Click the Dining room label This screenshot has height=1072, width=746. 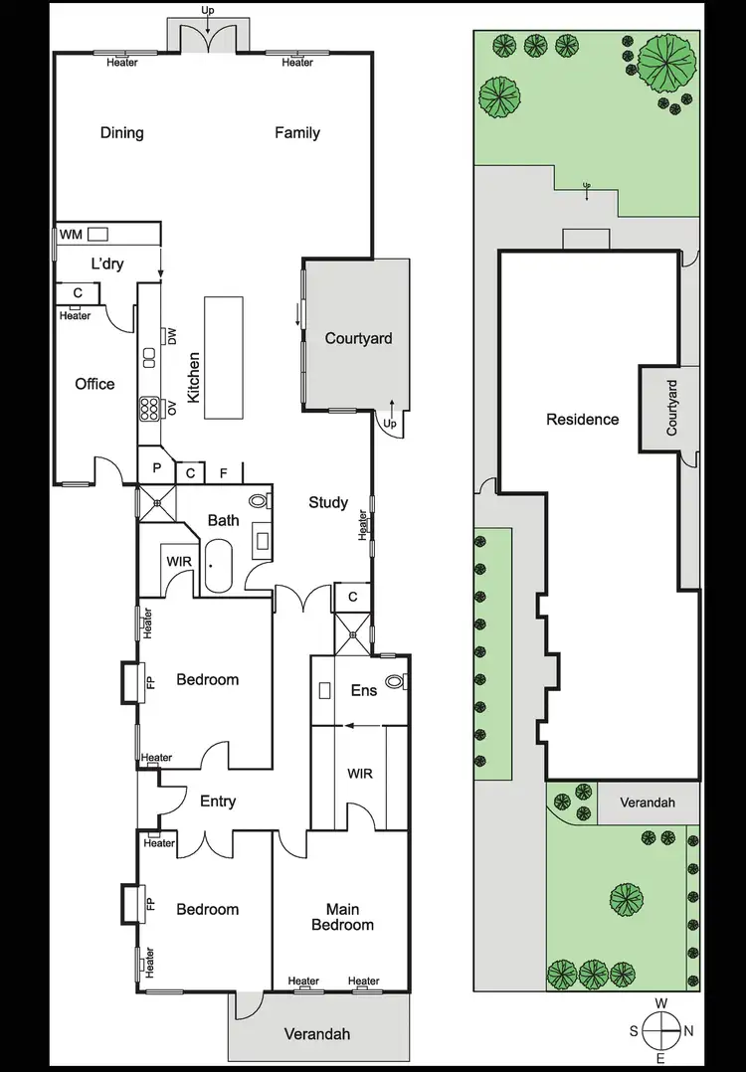click(x=121, y=132)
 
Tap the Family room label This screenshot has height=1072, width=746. click(x=297, y=132)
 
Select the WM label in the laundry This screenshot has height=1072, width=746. click(x=70, y=234)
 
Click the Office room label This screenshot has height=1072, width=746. click(x=94, y=384)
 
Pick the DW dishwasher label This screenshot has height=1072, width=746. click(x=171, y=337)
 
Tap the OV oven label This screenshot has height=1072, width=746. click(x=171, y=408)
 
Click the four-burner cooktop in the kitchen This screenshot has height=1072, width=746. click(x=150, y=408)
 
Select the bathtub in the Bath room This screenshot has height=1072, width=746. click(x=217, y=567)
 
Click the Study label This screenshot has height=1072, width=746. click(x=327, y=502)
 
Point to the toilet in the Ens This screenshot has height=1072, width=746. click(x=396, y=682)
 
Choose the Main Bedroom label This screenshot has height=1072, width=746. click(x=342, y=916)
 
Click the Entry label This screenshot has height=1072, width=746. click(x=218, y=801)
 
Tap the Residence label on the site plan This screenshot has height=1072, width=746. click(x=582, y=420)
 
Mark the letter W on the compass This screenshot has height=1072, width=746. click(x=661, y=1004)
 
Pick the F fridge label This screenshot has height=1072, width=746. click(x=224, y=472)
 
